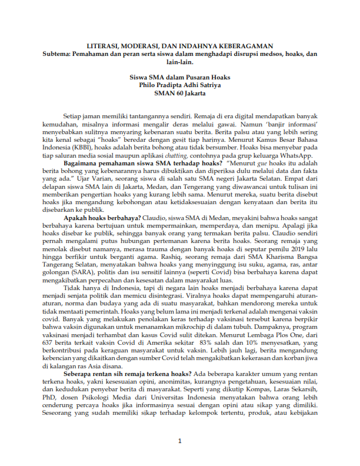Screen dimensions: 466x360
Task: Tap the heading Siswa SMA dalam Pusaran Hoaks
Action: pyautogui.click(x=179, y=77)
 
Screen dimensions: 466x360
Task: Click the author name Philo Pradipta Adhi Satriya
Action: pyautogui.click(x=179, y=85)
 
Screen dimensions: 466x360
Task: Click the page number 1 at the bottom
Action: pyautogui.click(x=180, y=441)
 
